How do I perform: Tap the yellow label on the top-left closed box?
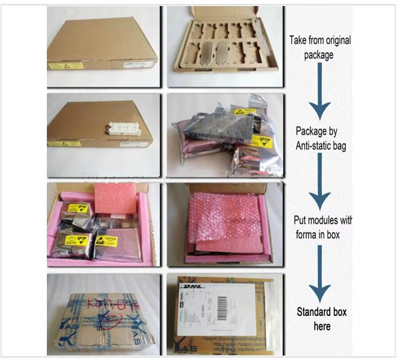pos(66,65)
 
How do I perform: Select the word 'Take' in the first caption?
pos(301,40)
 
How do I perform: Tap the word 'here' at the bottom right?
pos(322,326)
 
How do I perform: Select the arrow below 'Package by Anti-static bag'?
pos(319,182)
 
